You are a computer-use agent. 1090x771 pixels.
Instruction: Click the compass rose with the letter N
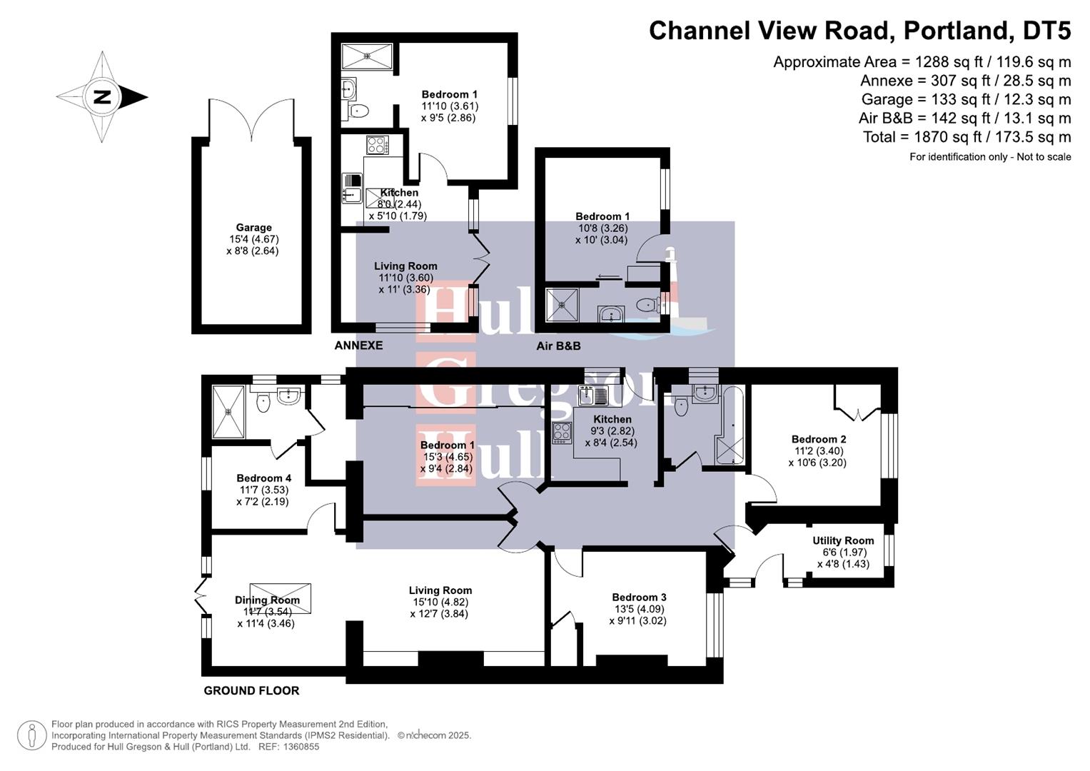tap(102, 97)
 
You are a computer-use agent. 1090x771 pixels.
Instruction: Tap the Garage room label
tap(253, 228)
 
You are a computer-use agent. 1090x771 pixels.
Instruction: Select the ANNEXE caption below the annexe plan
tap(358, 346)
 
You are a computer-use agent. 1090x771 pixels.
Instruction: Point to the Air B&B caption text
tap(558, 346)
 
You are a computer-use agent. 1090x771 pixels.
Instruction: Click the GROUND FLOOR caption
tap(251, 690)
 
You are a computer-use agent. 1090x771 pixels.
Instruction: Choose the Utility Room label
tap(843, 541)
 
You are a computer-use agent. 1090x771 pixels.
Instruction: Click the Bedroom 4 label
tap(263, 478)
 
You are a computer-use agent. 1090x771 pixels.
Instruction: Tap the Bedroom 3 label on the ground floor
tap(639, 598)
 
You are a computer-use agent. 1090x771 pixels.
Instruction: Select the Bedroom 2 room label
tap(819, 440)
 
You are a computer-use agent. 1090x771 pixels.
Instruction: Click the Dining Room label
tap(267, 600)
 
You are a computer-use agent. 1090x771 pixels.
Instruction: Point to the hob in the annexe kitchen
tap(377, 145)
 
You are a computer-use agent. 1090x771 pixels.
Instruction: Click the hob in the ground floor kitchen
tap(562, 433)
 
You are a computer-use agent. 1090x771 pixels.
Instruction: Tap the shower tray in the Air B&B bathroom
tap(562, 306)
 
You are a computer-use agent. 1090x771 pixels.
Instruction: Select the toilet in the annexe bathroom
tap(358, 111)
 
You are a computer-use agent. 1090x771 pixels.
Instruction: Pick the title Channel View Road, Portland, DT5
tap(859, 31)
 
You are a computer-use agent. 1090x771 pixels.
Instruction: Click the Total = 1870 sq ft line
tap(967, 137)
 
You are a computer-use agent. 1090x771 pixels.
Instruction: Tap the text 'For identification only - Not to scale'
tap(989, 157)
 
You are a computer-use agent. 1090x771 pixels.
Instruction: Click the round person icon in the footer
tap(31, 735)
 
